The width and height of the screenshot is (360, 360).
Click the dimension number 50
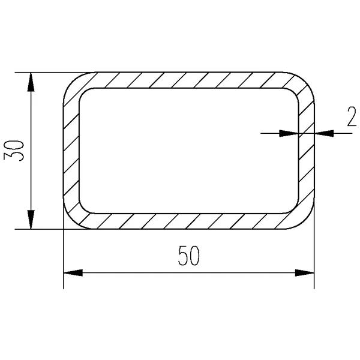189,256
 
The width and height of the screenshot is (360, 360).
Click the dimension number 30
14,151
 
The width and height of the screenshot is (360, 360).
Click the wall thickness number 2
352,116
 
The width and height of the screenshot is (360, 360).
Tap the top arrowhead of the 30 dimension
31,82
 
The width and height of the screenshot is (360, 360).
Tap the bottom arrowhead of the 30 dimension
31,220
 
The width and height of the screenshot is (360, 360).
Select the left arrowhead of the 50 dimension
73,273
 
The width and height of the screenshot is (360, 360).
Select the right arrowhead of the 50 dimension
304,273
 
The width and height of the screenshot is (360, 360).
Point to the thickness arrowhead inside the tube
289,133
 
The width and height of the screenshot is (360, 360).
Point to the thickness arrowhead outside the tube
324,133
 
